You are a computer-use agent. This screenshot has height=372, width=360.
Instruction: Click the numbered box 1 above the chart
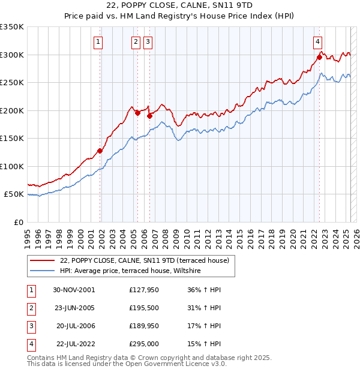pyautogui.click(x=98, y=42)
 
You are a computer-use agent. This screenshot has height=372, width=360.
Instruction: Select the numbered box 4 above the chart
pyautogui.click(x=317, y=42)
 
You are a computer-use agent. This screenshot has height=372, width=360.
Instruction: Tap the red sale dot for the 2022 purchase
pyautogui.click(x=319, y=58)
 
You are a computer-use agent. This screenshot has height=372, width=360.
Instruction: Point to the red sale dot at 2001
pyautogui.click(x=100, y=151)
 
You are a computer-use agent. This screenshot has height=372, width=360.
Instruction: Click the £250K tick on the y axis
pyautogui.click(x=13, y=82)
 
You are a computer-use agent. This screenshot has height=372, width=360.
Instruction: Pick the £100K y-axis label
pyautogui.click(x=13, y=166)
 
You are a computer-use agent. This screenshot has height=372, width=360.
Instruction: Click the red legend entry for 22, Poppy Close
pyautogui.click(x=144, y=260)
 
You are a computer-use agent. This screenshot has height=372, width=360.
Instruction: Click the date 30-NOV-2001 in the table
pyautogui.click(x=74, y=290)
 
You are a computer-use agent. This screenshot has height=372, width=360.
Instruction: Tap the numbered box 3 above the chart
pyautogui.click(x=148, y=42)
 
